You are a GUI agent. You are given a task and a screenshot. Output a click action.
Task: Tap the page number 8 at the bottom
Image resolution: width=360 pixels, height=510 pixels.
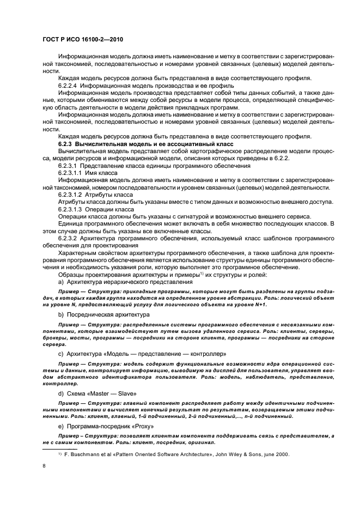[x=45, y=466]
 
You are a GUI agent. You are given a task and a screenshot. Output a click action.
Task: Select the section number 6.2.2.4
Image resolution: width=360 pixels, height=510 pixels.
[x=68, y=86]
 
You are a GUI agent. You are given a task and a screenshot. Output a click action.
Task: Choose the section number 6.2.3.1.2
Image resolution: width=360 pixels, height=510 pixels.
[x=70, y=193]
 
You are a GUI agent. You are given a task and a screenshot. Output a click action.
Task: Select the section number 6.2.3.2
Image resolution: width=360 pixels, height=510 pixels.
[x=68, y=238]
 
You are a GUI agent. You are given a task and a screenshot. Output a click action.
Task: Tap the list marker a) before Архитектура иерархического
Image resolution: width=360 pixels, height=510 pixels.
[x=60, y=281]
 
